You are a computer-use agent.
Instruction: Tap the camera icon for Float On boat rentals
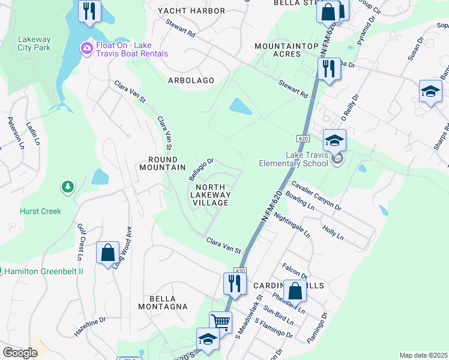(x=86, y=48)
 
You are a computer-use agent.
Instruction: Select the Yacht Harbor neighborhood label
(x=191, y=11)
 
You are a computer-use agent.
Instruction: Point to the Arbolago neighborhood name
(x=191, y=80)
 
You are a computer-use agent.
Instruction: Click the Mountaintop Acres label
(x=277, y=50)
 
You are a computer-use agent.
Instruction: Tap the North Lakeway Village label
(x=210, y=194)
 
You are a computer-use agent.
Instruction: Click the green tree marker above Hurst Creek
(x=68, y=188)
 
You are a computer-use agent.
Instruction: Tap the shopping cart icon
(x=220, y=322)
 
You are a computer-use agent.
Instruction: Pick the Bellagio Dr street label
(x=201, y=169)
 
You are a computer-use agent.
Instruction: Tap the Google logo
(x=20, y=353)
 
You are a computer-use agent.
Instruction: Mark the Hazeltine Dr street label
(x=90, y=326)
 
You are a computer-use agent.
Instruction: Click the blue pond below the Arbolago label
(x=240, y=107)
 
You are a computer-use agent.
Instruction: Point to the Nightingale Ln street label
(x=291, y=223)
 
